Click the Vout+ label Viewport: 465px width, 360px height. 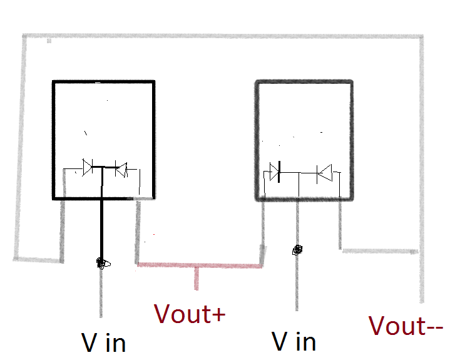pos(190,314)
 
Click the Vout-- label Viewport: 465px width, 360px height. pos(406,326)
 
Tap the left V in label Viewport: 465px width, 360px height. pos(103,342)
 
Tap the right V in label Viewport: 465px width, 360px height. pos(294,341)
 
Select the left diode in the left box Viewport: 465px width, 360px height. pos(88,167)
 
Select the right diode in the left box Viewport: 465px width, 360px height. pos(120,168)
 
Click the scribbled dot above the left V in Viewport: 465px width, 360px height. pos(101,263)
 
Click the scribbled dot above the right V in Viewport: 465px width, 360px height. pos(297,250)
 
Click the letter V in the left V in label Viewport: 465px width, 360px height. pos(89,342)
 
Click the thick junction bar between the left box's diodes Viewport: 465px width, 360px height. pos(104,167)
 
